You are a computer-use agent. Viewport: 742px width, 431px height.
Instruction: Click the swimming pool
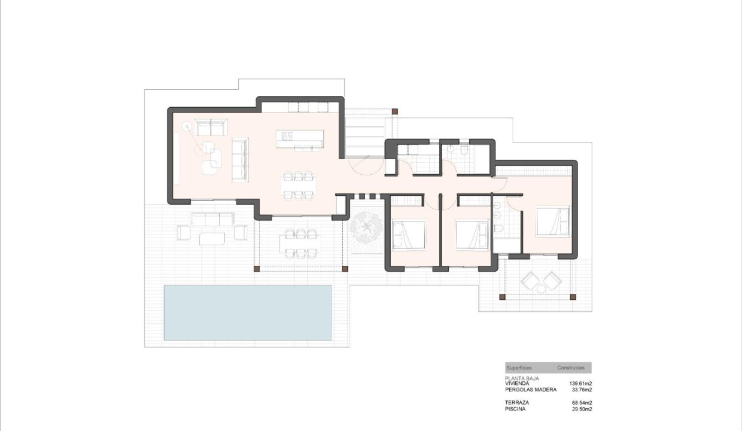[248, 312]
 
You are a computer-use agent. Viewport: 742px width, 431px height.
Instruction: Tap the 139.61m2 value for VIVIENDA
[580, 383]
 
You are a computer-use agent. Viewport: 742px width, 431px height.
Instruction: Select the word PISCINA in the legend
[515, 409]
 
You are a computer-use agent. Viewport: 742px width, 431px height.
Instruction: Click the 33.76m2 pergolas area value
[582, 390]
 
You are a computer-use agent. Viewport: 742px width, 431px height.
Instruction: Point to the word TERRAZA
[517, 402]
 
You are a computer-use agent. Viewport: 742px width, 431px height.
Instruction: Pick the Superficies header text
[519, 368]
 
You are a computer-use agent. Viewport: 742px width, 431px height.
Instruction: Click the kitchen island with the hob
[300, 139]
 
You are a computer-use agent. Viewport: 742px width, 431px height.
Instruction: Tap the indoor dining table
[299, 186]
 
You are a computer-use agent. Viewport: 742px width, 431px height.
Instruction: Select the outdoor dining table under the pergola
[300, 244]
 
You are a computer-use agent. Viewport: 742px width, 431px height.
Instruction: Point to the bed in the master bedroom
[552, 221]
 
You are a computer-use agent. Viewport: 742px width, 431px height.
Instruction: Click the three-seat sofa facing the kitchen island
[240, 160]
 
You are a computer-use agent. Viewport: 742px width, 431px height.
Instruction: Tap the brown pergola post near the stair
[394, 112]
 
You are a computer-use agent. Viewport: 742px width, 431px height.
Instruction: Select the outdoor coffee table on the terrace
[212, 238]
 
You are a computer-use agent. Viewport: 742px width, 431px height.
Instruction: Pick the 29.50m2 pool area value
[582, 409]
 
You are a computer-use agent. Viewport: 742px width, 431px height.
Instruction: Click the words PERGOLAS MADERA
[531, 390]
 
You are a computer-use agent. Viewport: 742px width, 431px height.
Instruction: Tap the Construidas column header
[571, 368]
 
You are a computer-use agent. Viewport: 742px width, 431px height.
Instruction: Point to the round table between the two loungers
[542, 289]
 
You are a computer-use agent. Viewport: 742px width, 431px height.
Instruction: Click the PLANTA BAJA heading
[522, 378]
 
